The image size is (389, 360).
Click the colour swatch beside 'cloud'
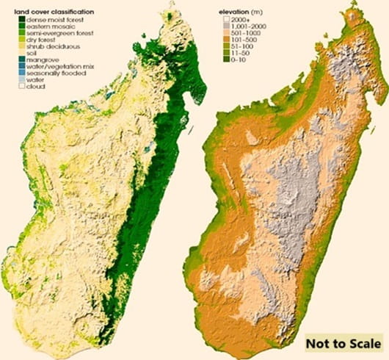[x=23, y=87]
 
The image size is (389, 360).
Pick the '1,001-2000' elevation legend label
[x=250, y=27]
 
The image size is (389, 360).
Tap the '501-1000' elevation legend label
[x=247, y=34]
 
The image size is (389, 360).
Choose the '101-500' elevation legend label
[x=245, y=40]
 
